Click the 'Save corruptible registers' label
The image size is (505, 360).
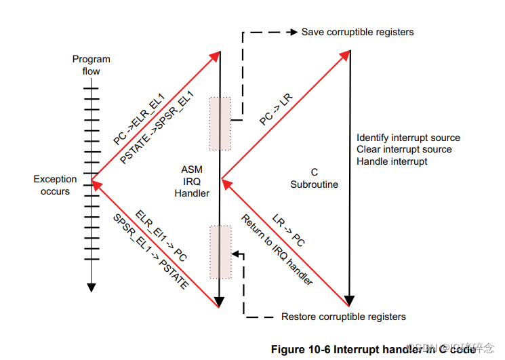point(357,32)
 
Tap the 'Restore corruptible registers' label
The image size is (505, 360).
point(343,317)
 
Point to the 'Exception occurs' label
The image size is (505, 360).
point(55,185)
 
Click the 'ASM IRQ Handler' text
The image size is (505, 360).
point(192,181)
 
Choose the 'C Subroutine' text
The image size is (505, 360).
point(314,178)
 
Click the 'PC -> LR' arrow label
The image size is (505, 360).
point(277,108)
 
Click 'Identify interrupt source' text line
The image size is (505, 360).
point(408,138)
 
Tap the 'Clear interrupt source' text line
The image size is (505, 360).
point(404,149)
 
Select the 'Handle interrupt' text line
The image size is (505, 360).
point(392,161)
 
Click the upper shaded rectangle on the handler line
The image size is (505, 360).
point(220,123)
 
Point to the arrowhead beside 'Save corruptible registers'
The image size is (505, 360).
point(293,32)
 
